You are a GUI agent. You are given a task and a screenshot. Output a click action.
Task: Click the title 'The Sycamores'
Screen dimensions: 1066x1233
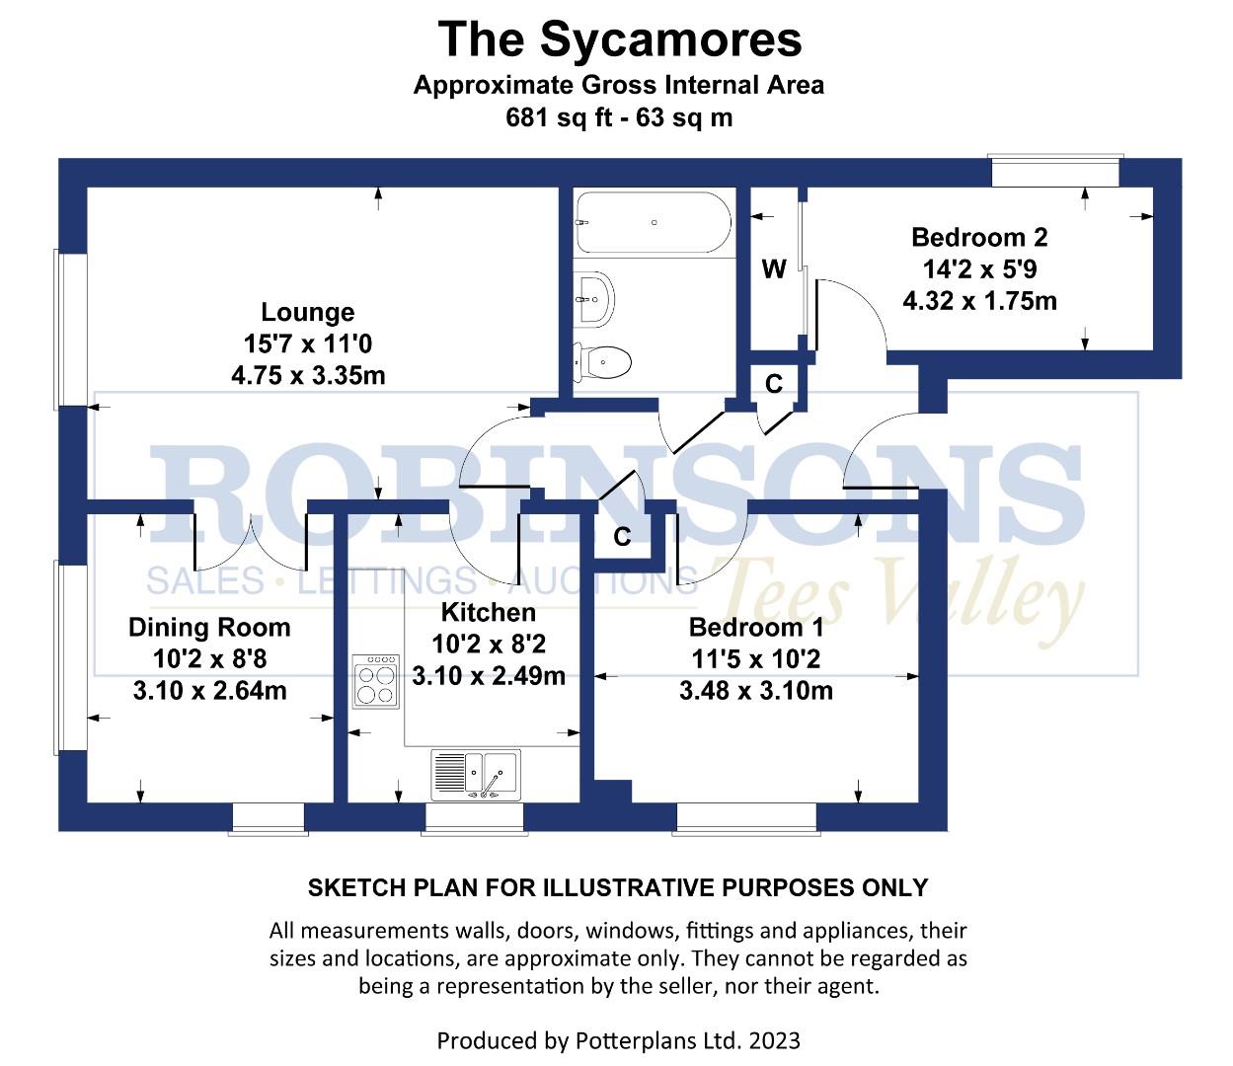619,40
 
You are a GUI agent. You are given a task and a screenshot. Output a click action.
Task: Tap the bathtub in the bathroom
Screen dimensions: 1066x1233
654,223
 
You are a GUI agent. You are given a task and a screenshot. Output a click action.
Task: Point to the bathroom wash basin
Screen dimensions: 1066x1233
594,297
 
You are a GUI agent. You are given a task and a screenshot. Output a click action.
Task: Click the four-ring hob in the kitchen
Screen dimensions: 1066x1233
376,681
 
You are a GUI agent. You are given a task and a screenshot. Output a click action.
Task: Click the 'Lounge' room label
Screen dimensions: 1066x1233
307,312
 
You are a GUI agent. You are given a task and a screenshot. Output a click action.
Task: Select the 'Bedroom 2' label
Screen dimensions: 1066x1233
978,238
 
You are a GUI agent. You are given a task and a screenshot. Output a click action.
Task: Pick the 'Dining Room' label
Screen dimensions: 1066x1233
209,627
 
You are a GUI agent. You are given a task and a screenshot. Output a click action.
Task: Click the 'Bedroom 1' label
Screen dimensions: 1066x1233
755,627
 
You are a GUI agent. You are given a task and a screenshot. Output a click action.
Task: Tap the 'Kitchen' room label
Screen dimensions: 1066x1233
488,612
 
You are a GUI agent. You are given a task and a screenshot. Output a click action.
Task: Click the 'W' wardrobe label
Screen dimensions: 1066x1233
774,268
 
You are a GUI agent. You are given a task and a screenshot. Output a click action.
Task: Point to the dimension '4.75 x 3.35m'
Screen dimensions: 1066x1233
307,375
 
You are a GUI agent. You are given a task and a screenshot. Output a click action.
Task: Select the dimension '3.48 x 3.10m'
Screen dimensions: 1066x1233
755,690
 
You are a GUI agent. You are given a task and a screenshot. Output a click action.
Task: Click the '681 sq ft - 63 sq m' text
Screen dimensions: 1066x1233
619,117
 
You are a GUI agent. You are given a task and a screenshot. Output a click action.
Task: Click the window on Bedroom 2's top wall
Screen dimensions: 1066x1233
1055,172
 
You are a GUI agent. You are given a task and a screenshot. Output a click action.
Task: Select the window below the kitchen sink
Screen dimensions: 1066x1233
474,818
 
